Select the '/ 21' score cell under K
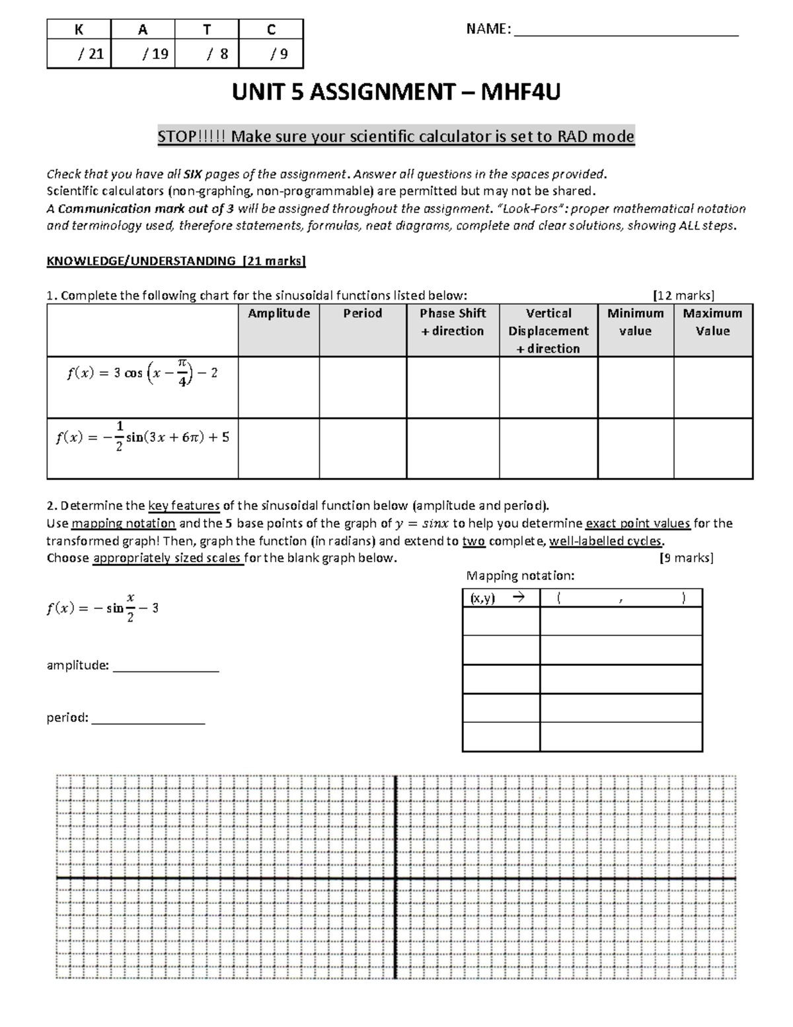coord(79,54)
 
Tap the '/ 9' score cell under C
coord(271,54)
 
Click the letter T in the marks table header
coord(207,29)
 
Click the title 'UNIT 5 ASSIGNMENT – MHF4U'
coord(396,93)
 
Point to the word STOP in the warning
coord(176,137)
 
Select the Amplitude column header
coord(279,313)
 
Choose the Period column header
coord(362,313)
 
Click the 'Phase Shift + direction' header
coord(453,322)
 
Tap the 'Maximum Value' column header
coord(712,322)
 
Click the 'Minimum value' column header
coord(635,322)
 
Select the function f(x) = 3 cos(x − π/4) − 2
coord(142,374)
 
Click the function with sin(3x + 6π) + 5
coord(142,438)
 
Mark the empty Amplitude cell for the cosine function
coord(279,388)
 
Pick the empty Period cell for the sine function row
coord(362,448)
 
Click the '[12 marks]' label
coord(683,295)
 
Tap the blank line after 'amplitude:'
coord(166,667)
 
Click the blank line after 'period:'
coord(148,719)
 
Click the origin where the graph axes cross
coord(396,878)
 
